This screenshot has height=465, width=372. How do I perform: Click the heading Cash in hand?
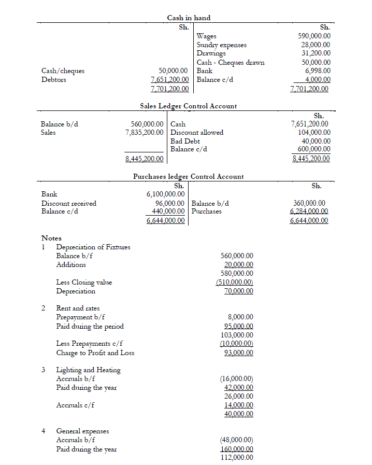[189, 18]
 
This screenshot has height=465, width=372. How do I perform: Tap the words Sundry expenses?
[221, 45]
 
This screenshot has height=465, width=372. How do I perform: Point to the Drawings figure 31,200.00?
[316, 53]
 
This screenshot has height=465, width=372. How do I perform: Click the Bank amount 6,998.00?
[318, 71]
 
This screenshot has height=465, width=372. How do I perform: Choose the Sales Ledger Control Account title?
[188, 106]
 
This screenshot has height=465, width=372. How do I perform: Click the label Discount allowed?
[196, 132]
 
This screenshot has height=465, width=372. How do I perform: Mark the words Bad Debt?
[185, 141]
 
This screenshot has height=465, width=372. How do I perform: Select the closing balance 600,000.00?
[312, 149]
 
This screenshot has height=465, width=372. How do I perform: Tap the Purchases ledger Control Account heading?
[188, 176]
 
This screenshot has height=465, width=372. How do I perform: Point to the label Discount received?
[68, 203]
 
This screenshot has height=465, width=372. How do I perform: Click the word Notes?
[51, 238]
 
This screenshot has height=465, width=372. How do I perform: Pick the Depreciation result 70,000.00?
[239, 291]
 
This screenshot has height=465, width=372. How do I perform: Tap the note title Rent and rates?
[78, 308]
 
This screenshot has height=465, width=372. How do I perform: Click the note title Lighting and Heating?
[88, 370]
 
